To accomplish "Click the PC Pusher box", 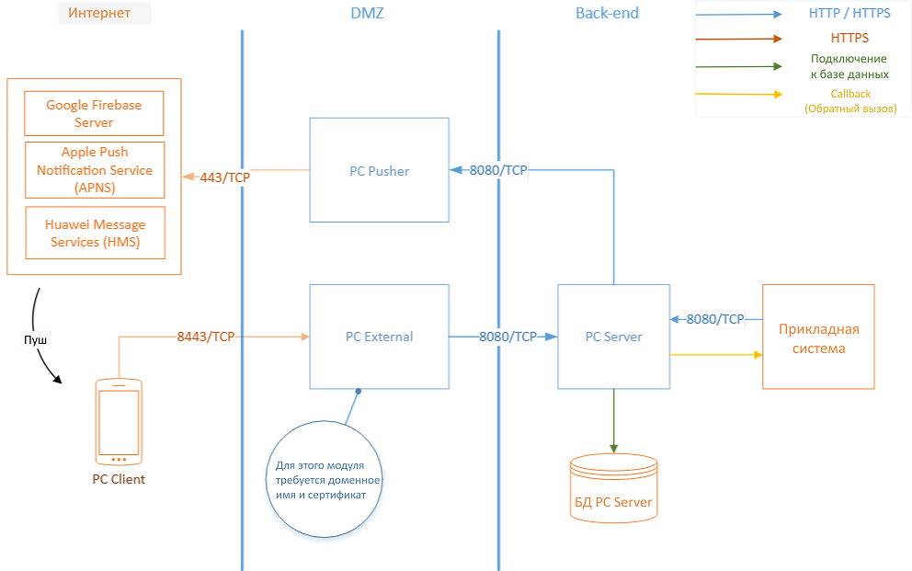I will [379, 170].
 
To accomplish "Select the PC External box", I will [379, 337].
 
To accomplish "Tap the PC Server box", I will [613, 337].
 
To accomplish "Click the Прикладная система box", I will [818, 337].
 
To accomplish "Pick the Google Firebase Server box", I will [94, 113].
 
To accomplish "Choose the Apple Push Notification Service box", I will [95, 170].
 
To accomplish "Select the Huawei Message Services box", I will [95, 234].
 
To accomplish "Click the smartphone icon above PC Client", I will [119, 421].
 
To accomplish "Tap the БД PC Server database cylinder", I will [613, 488].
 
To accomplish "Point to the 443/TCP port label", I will [225, 177].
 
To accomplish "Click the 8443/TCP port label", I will [206, 337].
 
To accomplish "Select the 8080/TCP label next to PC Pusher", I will [498, 170].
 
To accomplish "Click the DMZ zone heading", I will [368, 13].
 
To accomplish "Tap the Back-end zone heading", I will [607, 13].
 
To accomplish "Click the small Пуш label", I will [36, 341].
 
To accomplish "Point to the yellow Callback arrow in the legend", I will [739, 94].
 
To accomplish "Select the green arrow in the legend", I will [739, 66].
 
